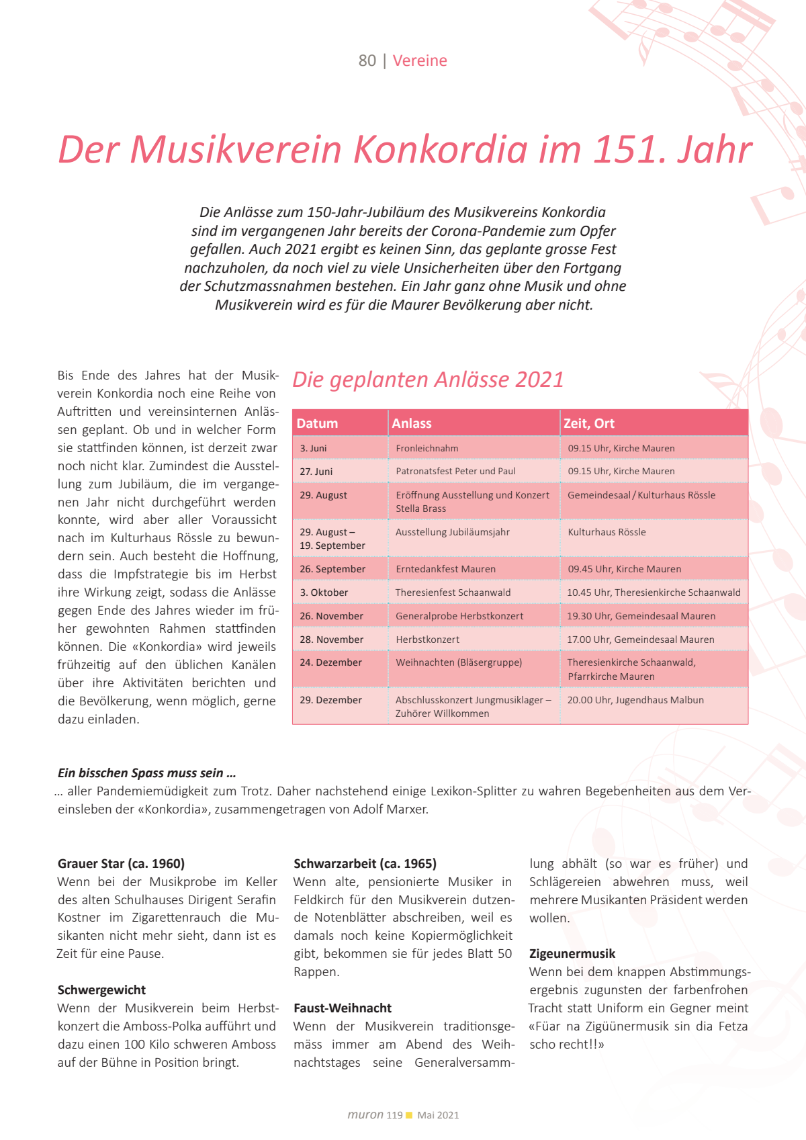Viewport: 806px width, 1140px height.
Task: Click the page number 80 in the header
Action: [x=367, y=60]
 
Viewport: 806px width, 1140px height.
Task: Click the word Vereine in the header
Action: [x=420, y=60]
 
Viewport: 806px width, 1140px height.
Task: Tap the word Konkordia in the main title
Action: [x=441, y=149]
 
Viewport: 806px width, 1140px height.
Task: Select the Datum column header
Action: [x=317, y=423]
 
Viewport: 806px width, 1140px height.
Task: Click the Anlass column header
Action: [x=412, y=423]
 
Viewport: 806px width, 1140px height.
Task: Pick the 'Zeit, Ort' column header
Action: [x=589, y=423]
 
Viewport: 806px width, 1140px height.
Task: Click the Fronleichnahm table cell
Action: [x=427, y=448]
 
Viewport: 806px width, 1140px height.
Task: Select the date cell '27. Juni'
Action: [x=316, y=472]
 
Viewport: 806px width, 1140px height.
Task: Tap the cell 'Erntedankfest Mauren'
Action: [x=445, y=569]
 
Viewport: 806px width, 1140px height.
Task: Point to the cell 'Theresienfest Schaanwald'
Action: [x=453, y=593]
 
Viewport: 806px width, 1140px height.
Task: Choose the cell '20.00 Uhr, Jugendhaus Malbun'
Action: [x=635, y=700]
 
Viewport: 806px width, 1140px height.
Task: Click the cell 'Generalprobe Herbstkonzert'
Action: [x=459, y=616]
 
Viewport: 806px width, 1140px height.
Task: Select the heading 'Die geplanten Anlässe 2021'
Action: [x=428, y=380]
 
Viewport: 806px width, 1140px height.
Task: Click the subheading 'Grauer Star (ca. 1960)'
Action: [x=121, y=864]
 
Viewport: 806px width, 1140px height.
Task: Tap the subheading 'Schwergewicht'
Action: [x=101, y=990]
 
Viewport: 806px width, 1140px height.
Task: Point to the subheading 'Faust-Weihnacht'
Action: [x=343, y=1008]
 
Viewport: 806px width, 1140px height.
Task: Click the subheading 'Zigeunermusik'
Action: [x=572, y=954]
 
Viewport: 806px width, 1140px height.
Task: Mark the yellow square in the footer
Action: [x=409, y=1116]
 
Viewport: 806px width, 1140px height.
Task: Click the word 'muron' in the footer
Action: [x=365, y=1115]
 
